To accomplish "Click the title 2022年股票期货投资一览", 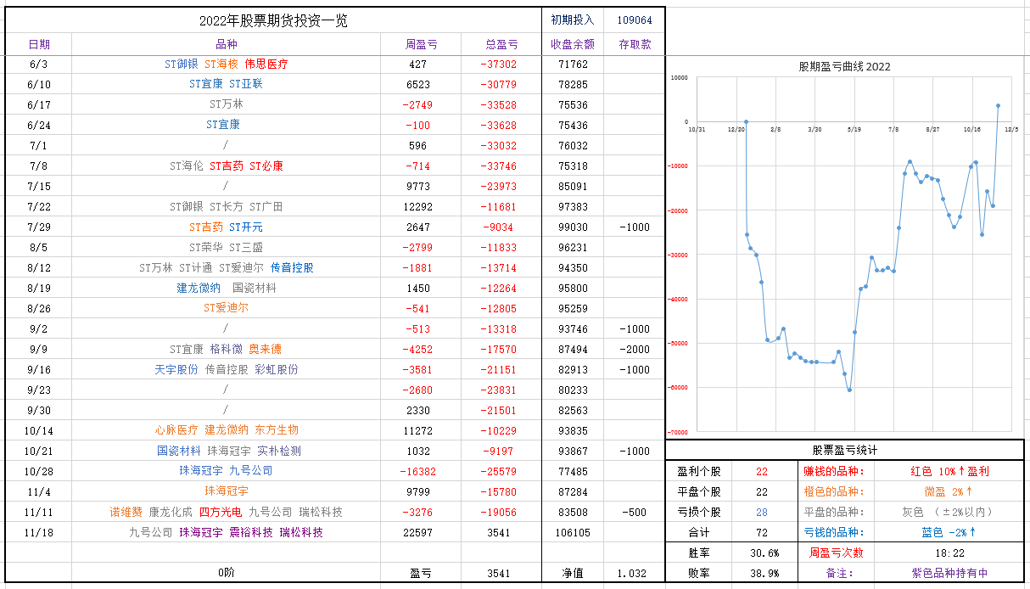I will [x=273, y=21].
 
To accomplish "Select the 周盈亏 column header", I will [x=421, y=44].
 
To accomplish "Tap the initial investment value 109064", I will [x=635, y=20].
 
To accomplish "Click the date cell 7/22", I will [x=39, y=207].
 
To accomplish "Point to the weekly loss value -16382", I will [x=417, y=472].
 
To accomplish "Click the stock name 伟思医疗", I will [x=266, y=65].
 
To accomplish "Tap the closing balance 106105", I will [x=573, y=533].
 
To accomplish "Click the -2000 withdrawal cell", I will [x=634, y=350].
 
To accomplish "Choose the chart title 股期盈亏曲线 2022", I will [x=844, y=67].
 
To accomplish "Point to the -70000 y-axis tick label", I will [x=679, y=432].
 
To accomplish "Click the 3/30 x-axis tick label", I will [x=814, y=130].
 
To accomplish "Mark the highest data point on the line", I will [x=998, y=106].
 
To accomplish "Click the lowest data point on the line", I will [x=849, y=390].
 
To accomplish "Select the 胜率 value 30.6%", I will [x=761, y=553].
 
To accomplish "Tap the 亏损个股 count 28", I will [x=761, y=512].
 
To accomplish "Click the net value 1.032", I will [x=634, y=574].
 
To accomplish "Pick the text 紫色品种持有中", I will [x=949, y=574].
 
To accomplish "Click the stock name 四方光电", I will [x=221, y=513].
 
